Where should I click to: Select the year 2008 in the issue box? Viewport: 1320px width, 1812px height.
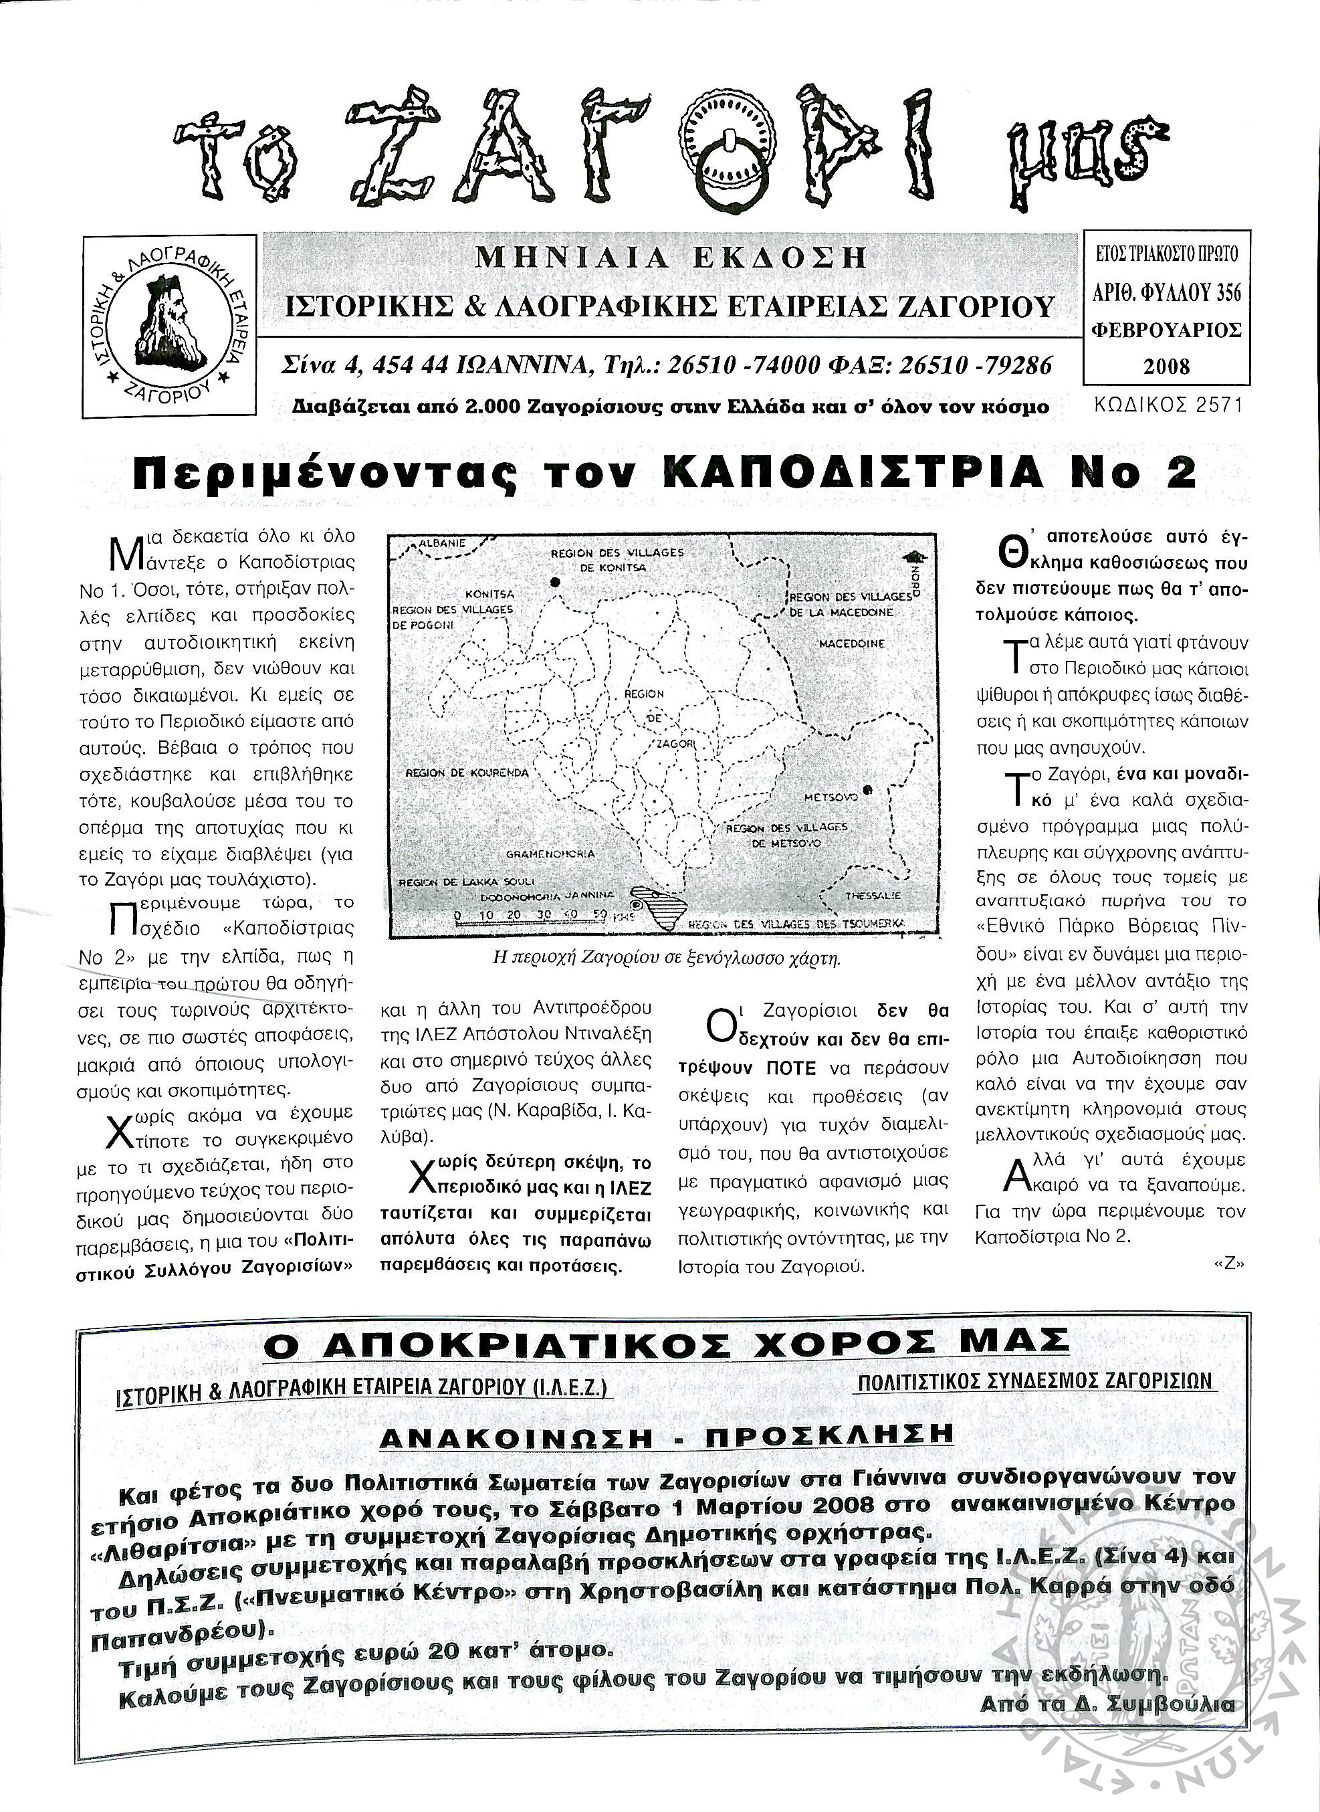tap(1167, 367)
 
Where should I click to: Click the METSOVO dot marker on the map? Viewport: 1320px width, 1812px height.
tap(868, 791)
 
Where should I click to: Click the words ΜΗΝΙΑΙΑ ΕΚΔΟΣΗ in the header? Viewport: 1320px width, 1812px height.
tap(671, 258)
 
